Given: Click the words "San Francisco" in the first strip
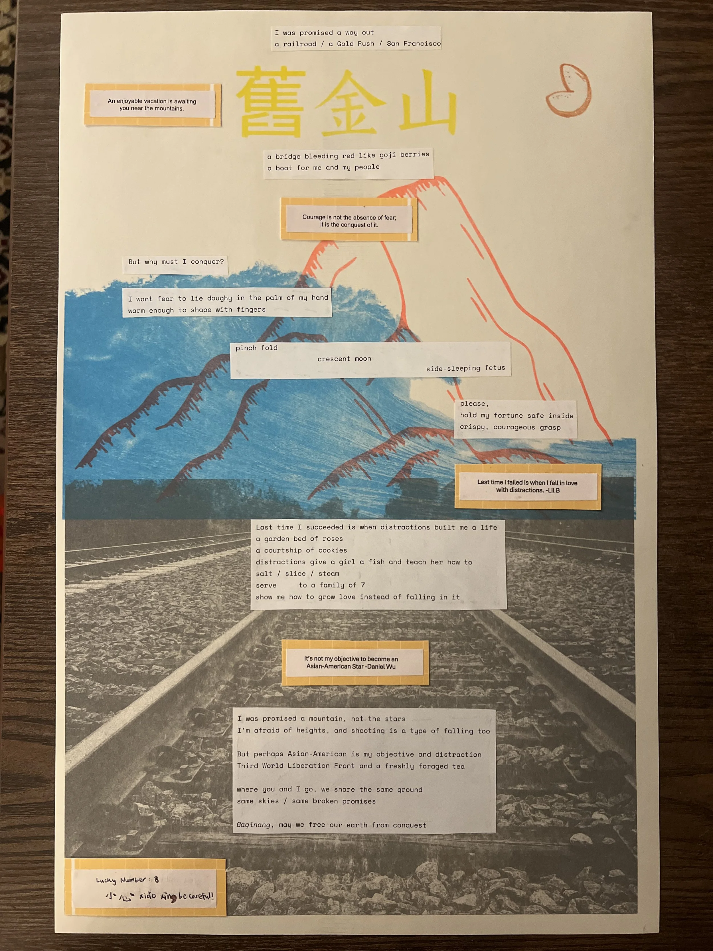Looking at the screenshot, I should [x=414, y=43].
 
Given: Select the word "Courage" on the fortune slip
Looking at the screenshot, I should [x=313, y=217].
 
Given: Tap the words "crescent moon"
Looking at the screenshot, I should [x=344, y=359].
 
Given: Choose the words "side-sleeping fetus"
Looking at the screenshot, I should [x=465, y=368].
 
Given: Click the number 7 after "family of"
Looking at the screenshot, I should [x=363, y=585].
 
